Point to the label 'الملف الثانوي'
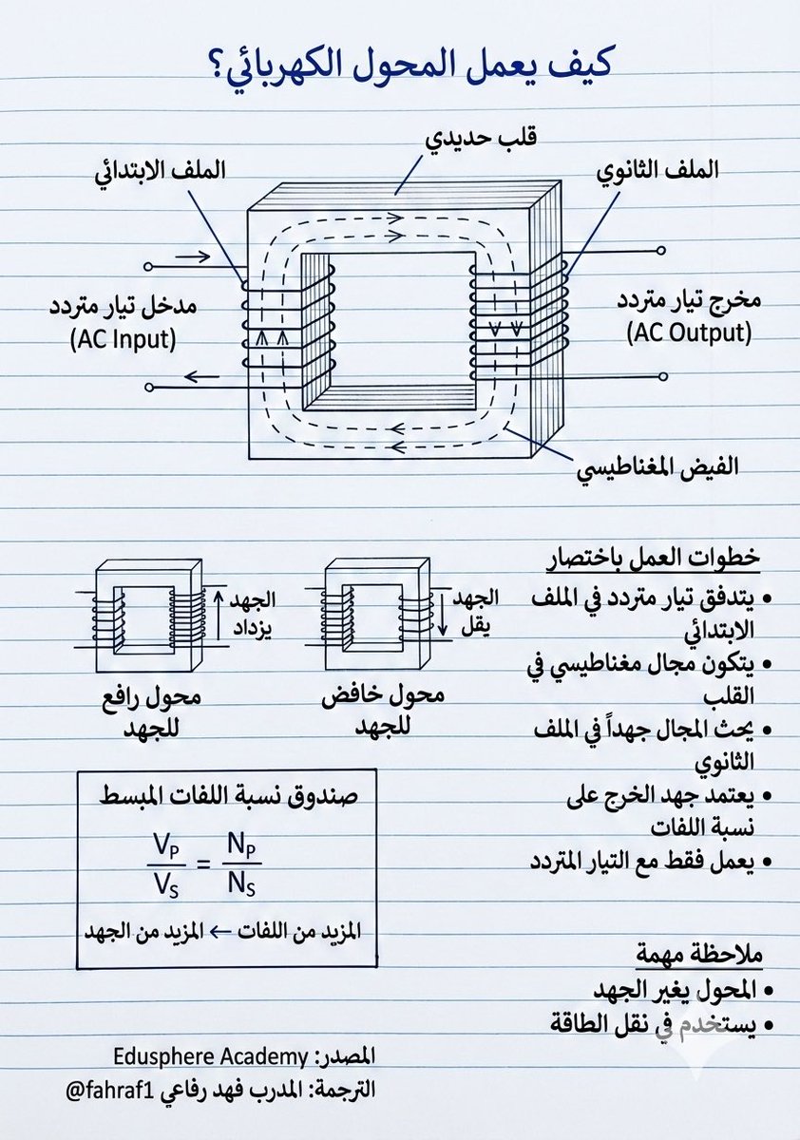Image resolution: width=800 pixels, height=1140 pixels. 656,170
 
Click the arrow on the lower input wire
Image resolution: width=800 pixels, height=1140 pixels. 200,377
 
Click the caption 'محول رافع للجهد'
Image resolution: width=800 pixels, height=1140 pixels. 150,710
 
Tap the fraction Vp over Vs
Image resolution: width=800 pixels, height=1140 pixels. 164,864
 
